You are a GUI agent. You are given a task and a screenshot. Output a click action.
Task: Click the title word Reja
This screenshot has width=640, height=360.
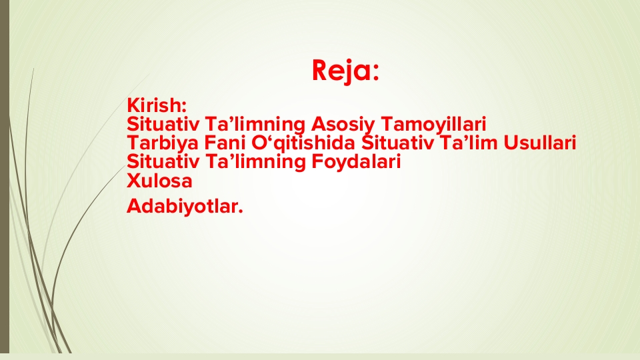(x=341, y=71)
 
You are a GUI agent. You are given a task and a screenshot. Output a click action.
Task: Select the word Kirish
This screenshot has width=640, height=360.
(x=155, y=105)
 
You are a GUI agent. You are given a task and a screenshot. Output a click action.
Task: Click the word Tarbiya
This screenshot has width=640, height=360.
(x=163, y=143)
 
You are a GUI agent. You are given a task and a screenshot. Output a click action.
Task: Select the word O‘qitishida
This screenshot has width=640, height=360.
(x=303, y=143)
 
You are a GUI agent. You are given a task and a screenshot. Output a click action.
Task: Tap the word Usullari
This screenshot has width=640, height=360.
(x=539, y=143)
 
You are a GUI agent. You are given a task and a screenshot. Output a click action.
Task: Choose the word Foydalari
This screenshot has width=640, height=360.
(x=356, y=161)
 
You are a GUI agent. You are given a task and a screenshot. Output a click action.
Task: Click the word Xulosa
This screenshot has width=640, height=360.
(x=159, y=181)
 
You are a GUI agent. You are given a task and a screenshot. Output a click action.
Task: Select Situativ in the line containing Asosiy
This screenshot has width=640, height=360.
(x=163, y=124)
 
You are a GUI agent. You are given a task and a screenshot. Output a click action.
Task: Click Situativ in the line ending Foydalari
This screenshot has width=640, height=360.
(x=163, y=161)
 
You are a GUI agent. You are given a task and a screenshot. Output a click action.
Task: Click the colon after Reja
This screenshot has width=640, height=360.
(x=375, y=73)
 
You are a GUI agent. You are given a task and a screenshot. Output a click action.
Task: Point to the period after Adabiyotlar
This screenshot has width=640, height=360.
(x=241, y=211)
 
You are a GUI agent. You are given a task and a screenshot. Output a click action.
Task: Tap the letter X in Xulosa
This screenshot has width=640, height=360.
(x=133, y=181)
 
